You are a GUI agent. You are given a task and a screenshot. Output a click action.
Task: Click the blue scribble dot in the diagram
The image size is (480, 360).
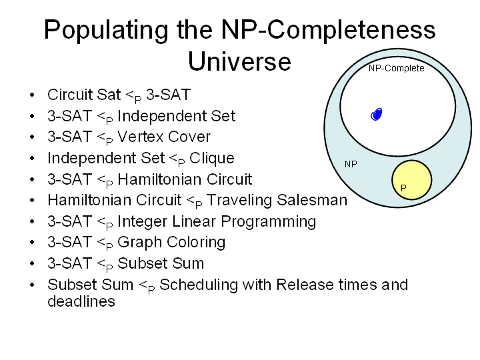pos(377,115)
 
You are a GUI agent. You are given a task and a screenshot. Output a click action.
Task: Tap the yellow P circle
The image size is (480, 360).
pos(412,180)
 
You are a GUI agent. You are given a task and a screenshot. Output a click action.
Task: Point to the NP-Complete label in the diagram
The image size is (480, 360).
pos(397,68)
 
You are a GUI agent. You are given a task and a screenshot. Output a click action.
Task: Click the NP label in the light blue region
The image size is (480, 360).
pos(351,164)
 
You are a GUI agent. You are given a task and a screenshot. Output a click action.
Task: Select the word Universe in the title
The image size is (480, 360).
pos(239,61)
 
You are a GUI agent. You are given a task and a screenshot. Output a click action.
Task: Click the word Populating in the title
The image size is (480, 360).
pos(106,31)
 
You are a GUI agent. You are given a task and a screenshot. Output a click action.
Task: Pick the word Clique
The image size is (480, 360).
pos(212,158)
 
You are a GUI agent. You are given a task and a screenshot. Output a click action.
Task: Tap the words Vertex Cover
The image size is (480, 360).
pos(164,137)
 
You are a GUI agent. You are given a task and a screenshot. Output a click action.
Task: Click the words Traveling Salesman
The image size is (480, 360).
pos(277,200)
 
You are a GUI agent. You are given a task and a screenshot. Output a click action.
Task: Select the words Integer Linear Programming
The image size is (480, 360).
pos(217,221)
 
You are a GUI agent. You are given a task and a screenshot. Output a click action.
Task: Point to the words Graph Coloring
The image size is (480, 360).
pos(171,242)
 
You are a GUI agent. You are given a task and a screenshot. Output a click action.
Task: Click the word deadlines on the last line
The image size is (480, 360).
pos(81,301)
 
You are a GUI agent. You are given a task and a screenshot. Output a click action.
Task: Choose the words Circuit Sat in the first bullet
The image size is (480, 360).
pos(84,95)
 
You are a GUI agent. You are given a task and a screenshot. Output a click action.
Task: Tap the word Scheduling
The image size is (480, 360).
pos(199,285)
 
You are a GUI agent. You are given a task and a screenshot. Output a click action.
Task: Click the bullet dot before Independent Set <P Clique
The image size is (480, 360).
pos(32,158)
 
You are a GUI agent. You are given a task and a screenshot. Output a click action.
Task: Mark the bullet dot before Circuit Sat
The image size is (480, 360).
pos(32,95)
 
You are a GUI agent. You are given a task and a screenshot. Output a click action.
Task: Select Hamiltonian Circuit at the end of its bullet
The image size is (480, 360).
pos(185,179)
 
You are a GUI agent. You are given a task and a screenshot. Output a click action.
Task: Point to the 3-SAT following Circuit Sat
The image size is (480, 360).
pos(169,95)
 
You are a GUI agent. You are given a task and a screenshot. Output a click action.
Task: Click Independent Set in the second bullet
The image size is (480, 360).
pos(176,116)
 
